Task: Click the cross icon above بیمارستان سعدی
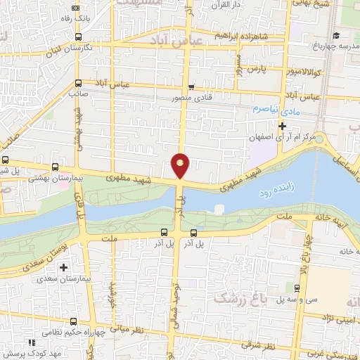pyautogui.click(x=63, y=268)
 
